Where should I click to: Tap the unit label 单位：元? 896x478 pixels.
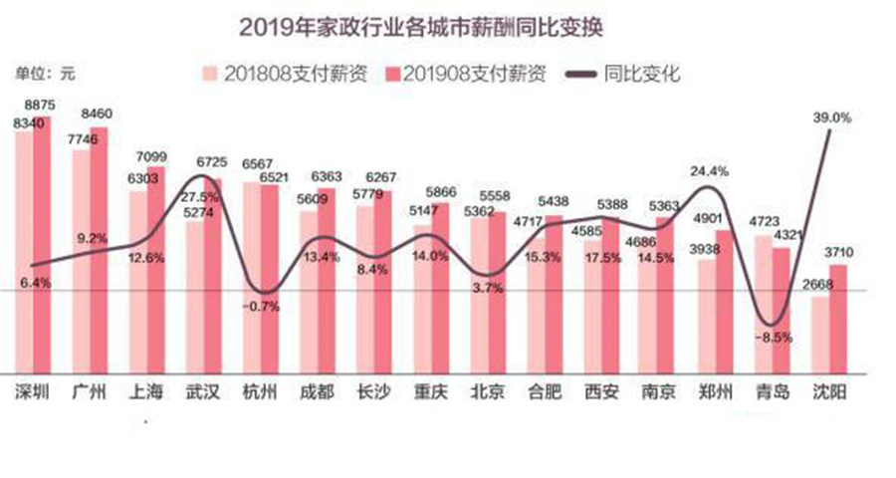click(44, 73)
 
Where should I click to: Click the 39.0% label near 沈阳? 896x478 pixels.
click(832, 118)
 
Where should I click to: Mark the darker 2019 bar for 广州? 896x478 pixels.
click(100, 249)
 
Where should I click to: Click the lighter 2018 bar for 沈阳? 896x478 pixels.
click(820, 334)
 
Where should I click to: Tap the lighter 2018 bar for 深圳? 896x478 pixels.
click(24, 249)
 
